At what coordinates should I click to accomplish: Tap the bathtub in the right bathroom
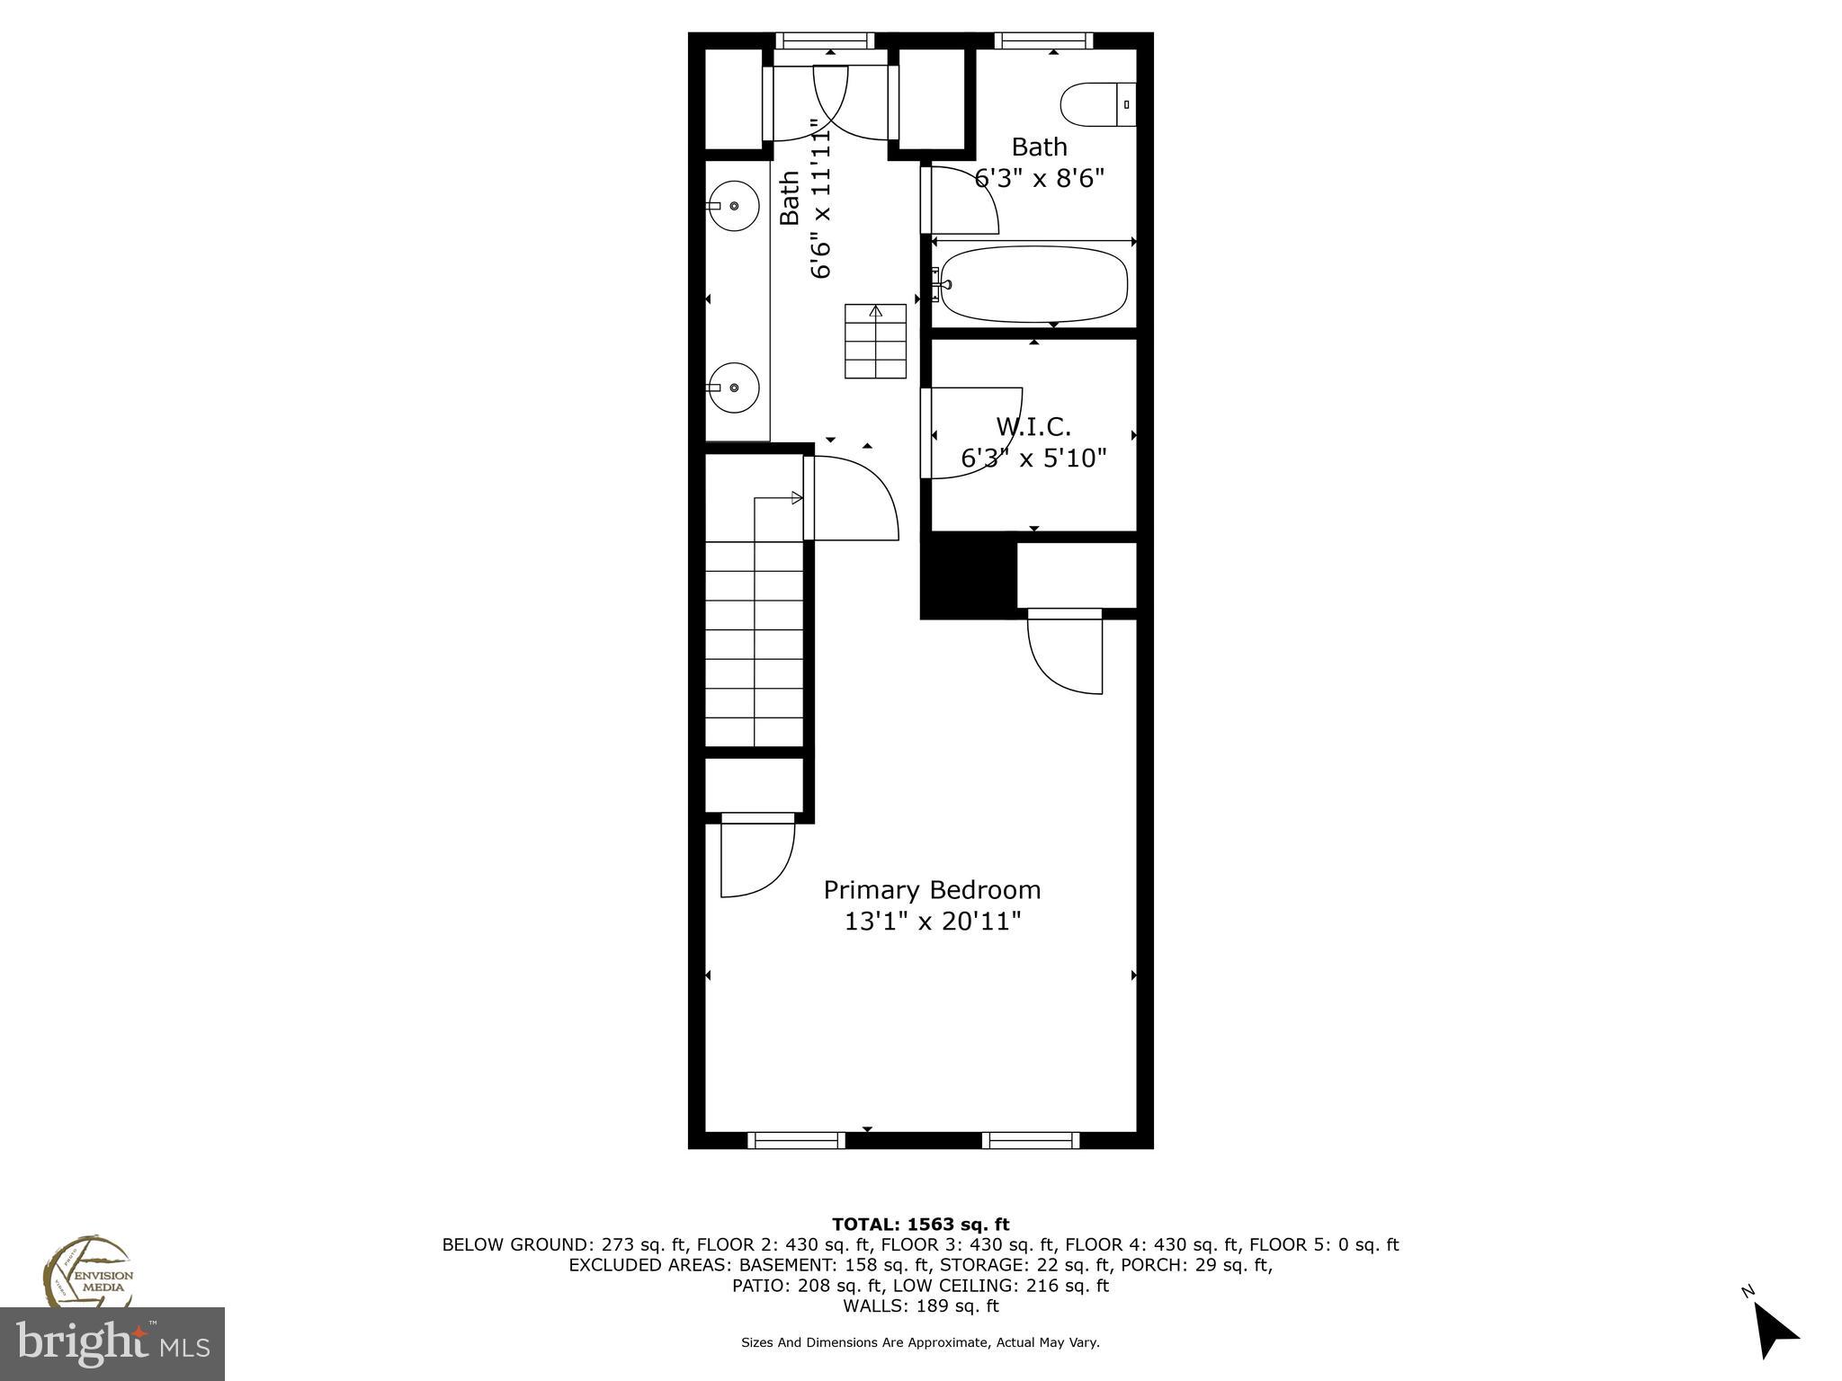pos(1033,284)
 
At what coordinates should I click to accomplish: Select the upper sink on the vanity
pos(734,206)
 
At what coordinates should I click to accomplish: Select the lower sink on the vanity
pos(734,388)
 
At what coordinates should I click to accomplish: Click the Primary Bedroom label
pos(932,890)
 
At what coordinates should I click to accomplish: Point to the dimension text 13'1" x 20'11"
pos(932,922)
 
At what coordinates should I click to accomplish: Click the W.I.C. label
pos(1033,426)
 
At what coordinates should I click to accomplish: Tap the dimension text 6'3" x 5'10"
pos(1033,459)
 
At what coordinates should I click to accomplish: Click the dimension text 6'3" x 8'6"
pos(1039,178)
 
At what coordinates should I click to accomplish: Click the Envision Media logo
pos(87,1271)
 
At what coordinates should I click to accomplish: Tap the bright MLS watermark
pos(112,1343)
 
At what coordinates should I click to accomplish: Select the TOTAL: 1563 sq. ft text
pos(920,1224)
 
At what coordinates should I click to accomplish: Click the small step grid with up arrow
pos(875,342)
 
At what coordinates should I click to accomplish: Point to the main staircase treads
pos(754,643)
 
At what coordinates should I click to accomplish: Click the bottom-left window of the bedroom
pos(796,1140)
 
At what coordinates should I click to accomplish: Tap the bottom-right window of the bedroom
pos(1030,1140)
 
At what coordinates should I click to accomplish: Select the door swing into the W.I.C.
pos(976,432)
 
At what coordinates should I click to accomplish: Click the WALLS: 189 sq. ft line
pos(920,1305)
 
